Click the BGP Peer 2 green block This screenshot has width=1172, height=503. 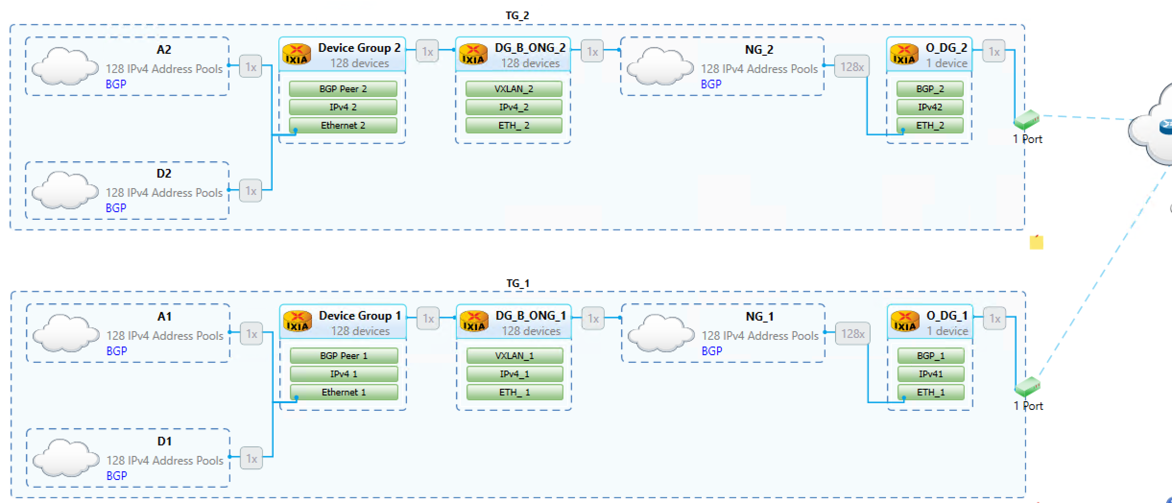pyautogui.click(x=343, y=89)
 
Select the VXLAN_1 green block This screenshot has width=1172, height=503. pyautogui.click(x=514, y=356)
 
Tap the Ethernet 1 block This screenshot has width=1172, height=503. pyautogui.click(x=344, y=392)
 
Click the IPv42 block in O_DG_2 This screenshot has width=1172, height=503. pyautogui.click(x=930, y=107)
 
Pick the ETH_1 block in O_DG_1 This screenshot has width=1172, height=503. pyautogui.click(x=931, y=392)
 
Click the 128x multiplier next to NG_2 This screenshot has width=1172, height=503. pyautogui.click(x=852, y=67)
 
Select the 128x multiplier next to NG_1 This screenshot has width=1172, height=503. pyautogui.click(x=853, y=334)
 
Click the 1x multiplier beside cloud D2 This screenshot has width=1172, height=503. pyautogui.click(x=251, y=191)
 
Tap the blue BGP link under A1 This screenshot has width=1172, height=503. pyautogui.click(x=117, y=351)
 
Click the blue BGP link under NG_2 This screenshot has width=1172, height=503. pyautogui.click(x=711, y=84)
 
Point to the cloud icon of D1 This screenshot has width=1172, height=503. pyautogui.click(x=65, y=457)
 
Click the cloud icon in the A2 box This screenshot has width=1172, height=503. pyautogui.click(x=64, y=66)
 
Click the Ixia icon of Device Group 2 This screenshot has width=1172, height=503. pyautogui.click(x=296, y=54)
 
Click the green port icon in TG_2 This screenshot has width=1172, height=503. pyautogui.click(x=1027, y=120)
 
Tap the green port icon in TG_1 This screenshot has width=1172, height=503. pyautogui.click(x=1028, y=386)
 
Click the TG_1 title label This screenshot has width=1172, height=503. pyautogui.click(x=518, y=283)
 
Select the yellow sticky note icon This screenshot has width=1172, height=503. pyautogui.click(x=1036, y=242)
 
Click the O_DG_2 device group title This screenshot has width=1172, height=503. pyautogui.click(x=946, y=48)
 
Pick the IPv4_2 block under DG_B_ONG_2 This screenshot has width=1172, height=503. pyautogui.click(x=514, y=107)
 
